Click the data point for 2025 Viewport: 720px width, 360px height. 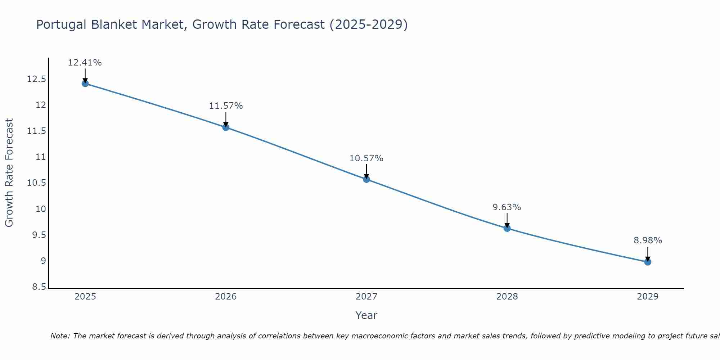coord(85,84)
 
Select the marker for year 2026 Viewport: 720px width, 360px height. coord(226,127)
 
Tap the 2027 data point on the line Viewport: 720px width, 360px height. coord(366,179)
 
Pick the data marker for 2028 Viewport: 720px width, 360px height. coord(507,228)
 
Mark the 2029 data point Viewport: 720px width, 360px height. coord(648,262)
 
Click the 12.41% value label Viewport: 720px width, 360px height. coord(85,63)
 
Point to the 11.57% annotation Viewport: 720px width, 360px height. coord(226,106)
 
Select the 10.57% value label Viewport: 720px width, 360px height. coord(366,158)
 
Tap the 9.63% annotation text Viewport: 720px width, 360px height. coord(507,207)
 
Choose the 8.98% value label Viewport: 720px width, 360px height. coord(648,240)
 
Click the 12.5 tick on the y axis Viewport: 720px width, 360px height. coord(36,79)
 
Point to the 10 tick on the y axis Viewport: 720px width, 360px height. coord(41,209)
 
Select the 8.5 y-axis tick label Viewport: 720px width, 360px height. coord(39,287)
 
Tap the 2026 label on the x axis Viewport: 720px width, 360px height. coord(226,297)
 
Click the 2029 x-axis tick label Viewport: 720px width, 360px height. coord(648,297)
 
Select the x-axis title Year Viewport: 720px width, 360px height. coord(366,315)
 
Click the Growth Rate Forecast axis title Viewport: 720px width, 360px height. coord(9,173)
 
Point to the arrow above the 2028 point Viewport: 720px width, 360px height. coord(507,220)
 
